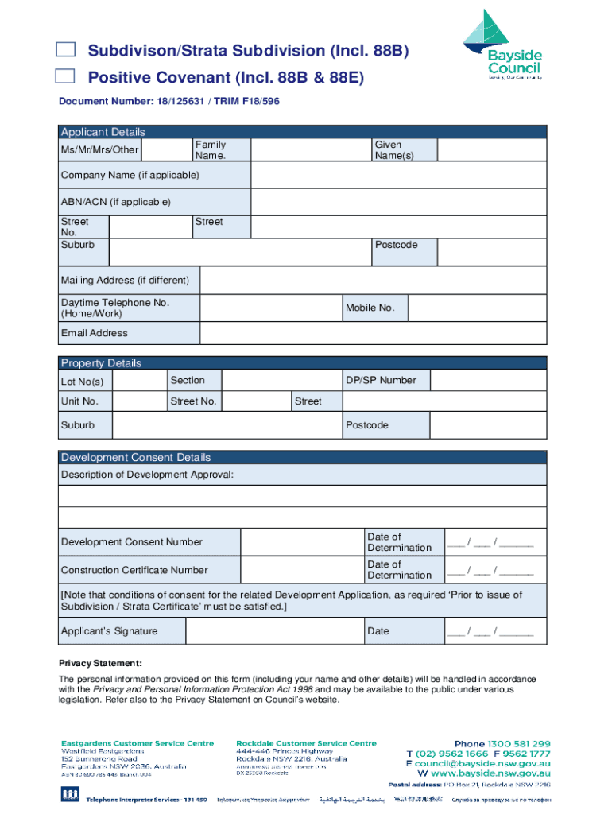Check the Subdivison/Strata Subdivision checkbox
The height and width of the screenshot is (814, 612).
(65, 51)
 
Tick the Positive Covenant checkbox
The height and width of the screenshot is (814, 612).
(65, 76)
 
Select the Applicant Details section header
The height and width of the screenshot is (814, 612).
(103, 132)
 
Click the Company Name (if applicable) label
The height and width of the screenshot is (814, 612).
(130, 175)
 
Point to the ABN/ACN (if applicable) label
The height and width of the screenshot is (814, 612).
(116, 202)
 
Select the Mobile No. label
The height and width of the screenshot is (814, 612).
(370, 308)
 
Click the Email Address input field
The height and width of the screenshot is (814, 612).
(373, 333)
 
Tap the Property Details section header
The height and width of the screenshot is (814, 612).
(101, 363)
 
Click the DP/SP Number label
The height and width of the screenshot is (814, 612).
(381, 380)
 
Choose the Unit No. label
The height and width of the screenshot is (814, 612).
(80, 401)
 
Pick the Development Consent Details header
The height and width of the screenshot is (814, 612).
(136, 458)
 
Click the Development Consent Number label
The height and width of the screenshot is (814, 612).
(132, 542)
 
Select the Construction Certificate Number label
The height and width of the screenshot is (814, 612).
(134, 570)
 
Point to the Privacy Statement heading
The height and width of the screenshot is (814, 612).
(100, 663)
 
